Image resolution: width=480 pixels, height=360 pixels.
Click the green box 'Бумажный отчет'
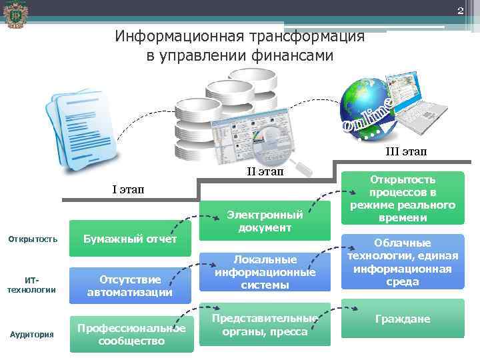coord(130,239)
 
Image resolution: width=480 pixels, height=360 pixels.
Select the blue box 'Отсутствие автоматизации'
coord(130,285)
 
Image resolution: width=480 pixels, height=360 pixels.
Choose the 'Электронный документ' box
coord(265,221)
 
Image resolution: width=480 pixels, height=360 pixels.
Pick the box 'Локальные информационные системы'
coord(265,271)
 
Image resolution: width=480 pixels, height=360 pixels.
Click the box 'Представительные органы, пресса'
coord(265,325)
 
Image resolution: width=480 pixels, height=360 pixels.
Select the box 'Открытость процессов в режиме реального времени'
coord(403,199)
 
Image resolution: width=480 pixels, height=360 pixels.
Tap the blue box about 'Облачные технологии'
coord(403,261)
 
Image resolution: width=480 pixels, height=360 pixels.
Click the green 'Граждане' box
coord(403,319)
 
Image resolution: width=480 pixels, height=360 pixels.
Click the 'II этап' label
coord(265,172)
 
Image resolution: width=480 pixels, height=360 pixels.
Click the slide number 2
coord(459,10)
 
